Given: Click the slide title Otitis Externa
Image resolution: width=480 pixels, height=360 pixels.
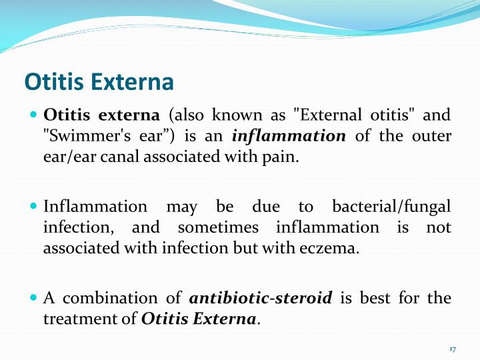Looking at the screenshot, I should [99, 82].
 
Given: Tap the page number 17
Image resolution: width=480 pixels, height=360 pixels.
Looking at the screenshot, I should [453, 349].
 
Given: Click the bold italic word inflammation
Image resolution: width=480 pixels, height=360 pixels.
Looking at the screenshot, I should [289, 136].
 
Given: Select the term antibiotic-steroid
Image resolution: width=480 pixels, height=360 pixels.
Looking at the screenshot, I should [261, 298].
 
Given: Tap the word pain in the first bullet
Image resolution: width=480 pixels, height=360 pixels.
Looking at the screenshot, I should [276, 157].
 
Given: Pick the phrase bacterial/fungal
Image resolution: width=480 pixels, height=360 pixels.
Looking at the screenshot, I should [391, 207].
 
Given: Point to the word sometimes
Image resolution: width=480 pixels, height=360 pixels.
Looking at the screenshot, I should [218, 227].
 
